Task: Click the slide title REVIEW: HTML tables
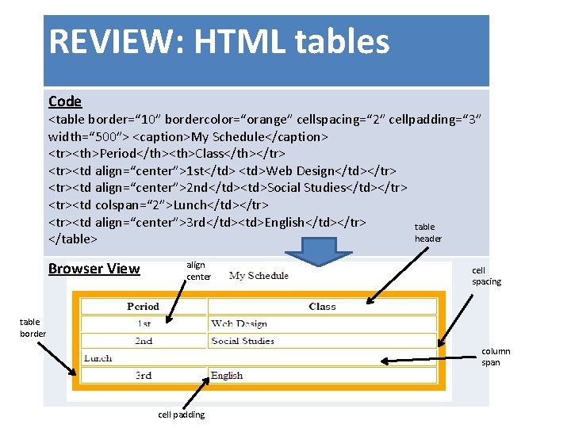pos(219,41)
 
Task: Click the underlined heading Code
pos(65,101)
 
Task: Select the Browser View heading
pos(94,268)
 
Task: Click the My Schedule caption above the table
pos(259,276)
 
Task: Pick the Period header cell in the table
pos(143,306)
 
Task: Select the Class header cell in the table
pos(322,306)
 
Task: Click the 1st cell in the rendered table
pos(143,323)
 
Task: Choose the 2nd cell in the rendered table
pos(143,341)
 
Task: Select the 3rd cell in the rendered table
pos(143,376)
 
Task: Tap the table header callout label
pos(427,232)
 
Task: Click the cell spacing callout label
pos(486,276)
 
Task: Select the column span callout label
pos(496,357)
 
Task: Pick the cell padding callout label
pos(182,415)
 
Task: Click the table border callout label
pos(33,327)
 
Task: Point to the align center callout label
pos(198,271)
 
